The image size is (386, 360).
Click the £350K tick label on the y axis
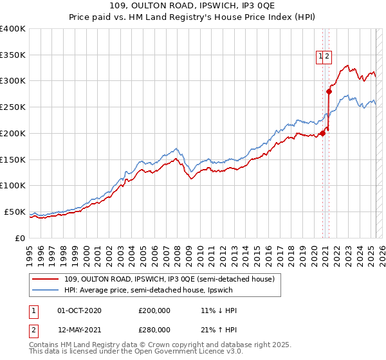tap(13, 55)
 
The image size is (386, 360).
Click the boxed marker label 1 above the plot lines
tap(320, 56)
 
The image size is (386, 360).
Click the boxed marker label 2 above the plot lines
tap(327, 56)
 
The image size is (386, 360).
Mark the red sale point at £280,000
tap(329, 91)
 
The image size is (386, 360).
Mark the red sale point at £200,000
tap(322, 133)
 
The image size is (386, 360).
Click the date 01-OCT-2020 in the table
tap(79, 311)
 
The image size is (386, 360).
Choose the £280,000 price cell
tap(154, 330)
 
